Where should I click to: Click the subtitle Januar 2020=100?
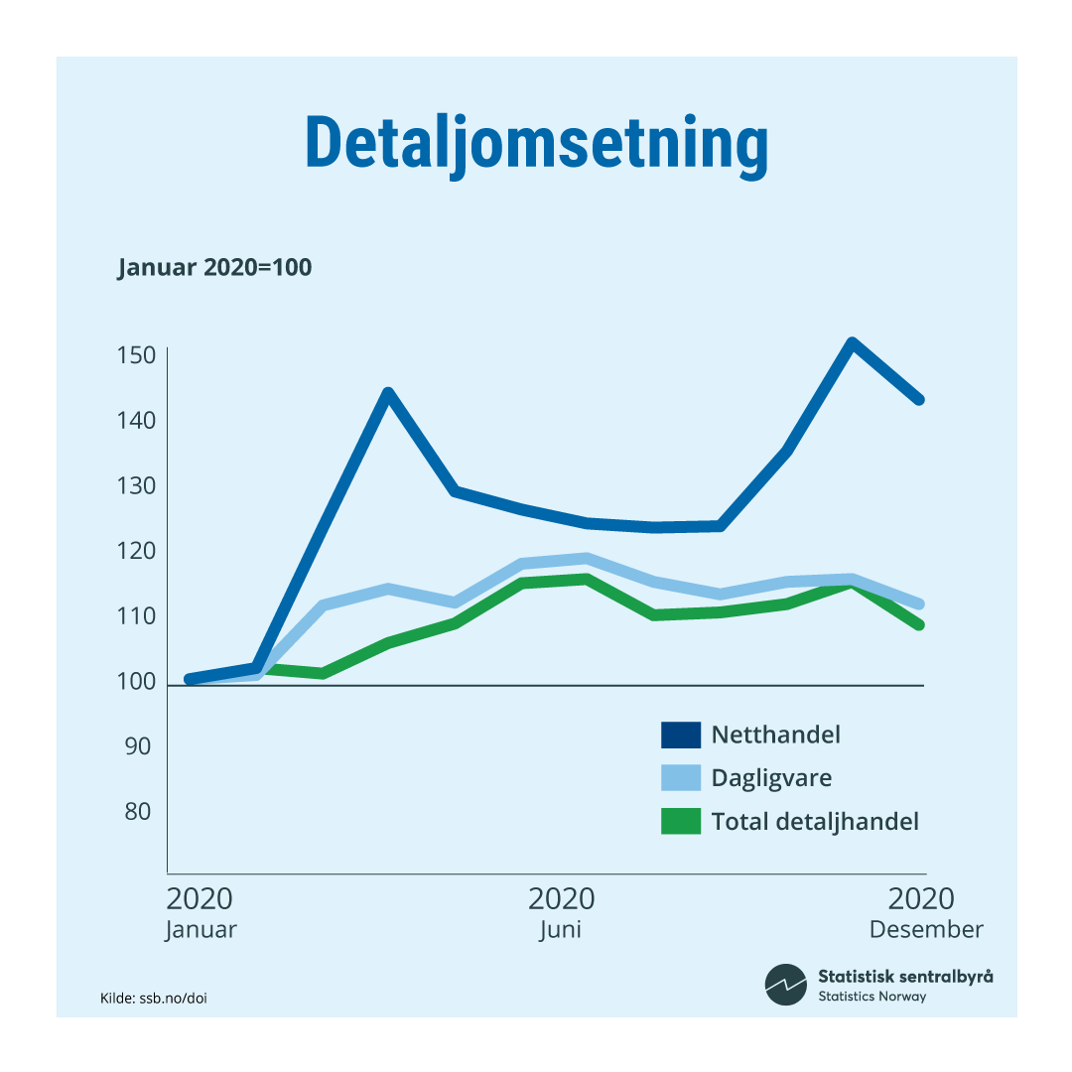click(x=214, y=268)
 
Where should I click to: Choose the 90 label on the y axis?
click(x=137, y=746)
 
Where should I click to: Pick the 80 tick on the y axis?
click(x=137, y=812)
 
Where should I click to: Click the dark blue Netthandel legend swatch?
click(x=681, y=735)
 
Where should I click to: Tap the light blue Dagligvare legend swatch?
click(x=681, y=777)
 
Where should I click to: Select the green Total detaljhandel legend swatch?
click(x=681, y=821)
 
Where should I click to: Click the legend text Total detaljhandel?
click(x=815, y=821)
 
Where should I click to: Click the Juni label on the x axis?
click(x=561, y=930)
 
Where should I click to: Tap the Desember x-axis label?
click(x=925, y=930)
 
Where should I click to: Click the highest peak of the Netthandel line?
click(x=852, y=343)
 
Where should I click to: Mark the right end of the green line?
click(x=919, y=624)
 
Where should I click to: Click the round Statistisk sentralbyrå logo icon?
click(x=785, y=985)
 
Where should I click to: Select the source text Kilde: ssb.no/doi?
click(x=154, y=998)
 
